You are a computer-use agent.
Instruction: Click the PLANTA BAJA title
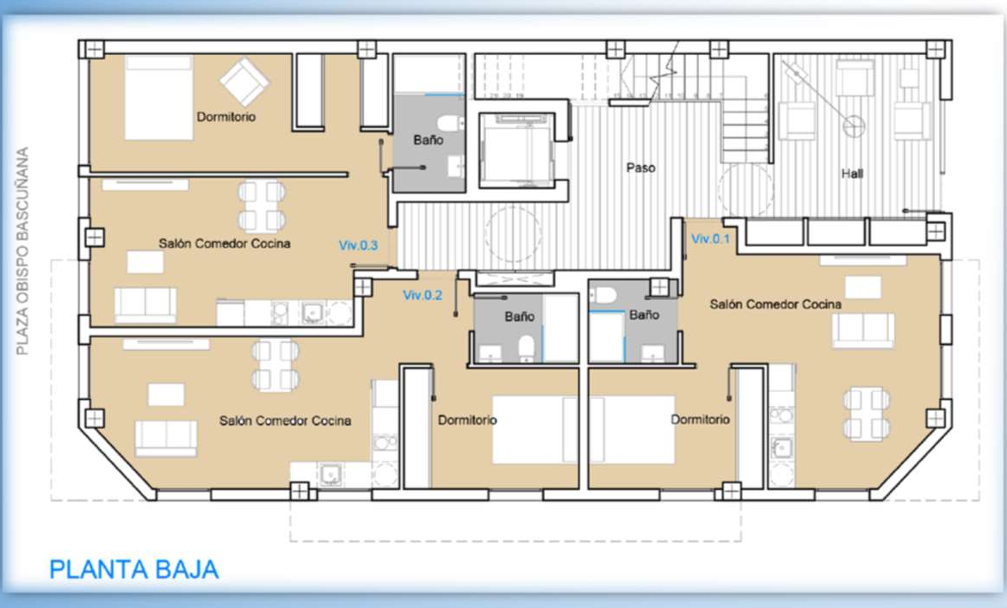click(x=133, y=569)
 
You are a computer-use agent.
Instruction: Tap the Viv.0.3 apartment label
click(x=358, y=245)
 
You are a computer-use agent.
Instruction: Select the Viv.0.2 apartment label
click(x=423, y=295)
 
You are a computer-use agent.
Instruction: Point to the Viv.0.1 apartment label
click(x=710, y=238)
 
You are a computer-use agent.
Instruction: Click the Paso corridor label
click(x=641, y=168)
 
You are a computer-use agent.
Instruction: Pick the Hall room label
click(x=852, y=173)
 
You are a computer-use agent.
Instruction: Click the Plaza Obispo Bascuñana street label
click(x=22, y=251)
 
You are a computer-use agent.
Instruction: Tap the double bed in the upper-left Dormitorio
click(x=159, y=98)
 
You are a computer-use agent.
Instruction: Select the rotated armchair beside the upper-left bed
click(x=244, y=82)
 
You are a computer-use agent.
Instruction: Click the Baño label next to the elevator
click(x=429, y=140)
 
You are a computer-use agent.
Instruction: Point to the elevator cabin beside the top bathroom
click(x=517, y=149)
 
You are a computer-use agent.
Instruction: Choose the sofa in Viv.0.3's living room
click(x=145, y=305)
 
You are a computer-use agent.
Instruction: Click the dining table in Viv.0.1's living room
click(x=867, y=414)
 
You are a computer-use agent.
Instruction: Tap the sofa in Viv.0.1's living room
click(x=863, y=330)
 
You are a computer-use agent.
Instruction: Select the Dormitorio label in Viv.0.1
click(x=700, y=420)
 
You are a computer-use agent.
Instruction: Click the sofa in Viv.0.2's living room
click(x=166, y=438)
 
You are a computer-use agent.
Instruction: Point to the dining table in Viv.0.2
click(x=275, y=365)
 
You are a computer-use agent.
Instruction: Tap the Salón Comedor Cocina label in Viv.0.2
click(x=285, y=421)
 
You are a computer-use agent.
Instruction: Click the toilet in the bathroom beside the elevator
click(x=451, y=122)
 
